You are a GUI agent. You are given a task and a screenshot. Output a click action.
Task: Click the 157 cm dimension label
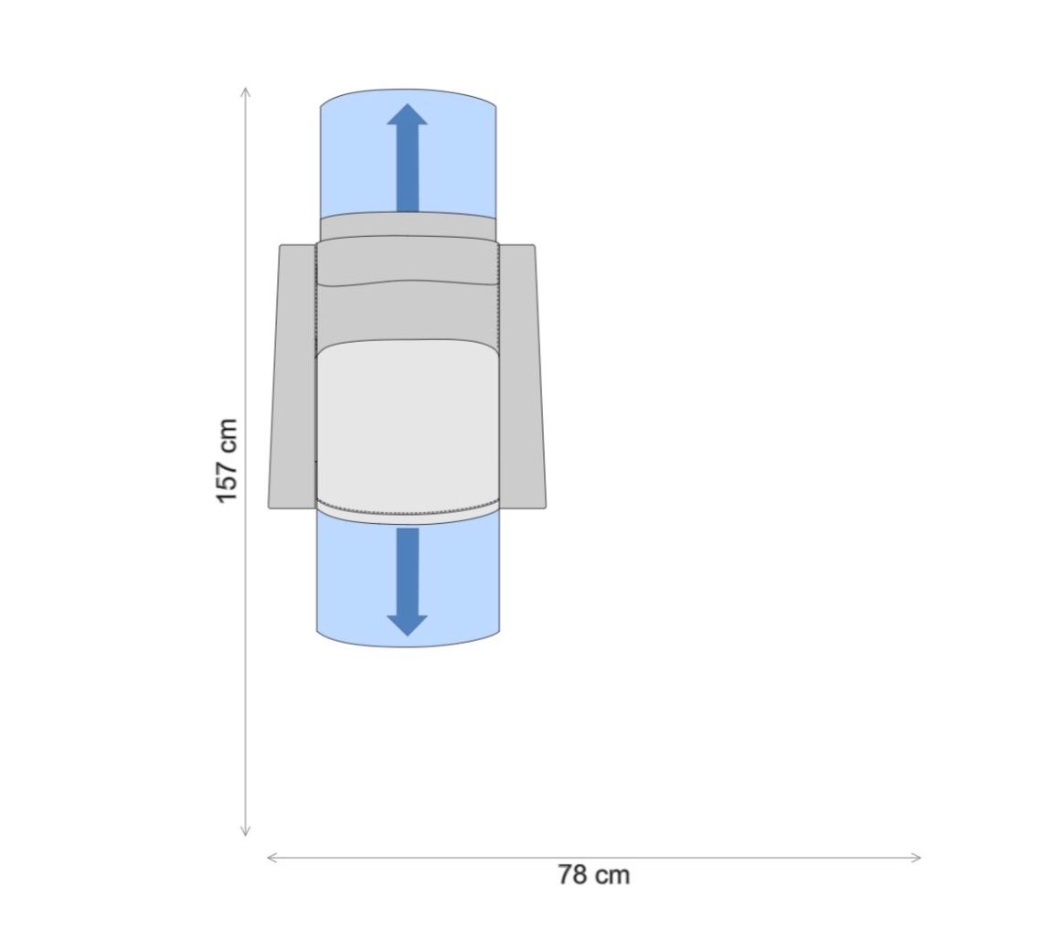pyautogui.click(x=227, y=461)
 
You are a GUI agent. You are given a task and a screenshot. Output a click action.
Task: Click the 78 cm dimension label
pyautogui.click(x=594, y=875)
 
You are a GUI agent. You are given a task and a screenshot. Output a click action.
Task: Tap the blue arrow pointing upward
pyautogui.click(x=407, y=157)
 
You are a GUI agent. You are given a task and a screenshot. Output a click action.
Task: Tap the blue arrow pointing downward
pyautogui.click(x=407, y=582)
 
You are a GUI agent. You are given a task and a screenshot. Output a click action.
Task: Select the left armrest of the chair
pyautogui.click(x=293, y=377)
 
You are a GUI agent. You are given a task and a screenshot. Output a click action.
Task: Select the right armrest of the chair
pyautogui.click(x=522, y=377)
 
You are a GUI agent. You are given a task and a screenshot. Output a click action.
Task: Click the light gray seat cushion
pyautogui.click(x=408, y=428)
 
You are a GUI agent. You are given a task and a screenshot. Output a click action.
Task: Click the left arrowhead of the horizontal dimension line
pyautogui.click(x=269, y=858)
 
